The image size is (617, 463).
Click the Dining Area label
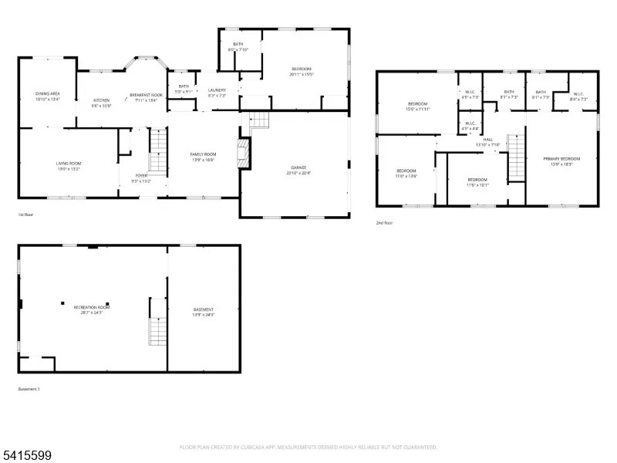(48, 93)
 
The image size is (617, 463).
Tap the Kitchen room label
(102, 100)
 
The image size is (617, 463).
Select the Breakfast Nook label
(147, 94)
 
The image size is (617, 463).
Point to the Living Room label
(69, 164)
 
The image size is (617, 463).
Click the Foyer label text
(142, 175)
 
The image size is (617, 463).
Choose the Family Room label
(204, 154)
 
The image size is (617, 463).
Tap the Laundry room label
(217, 90)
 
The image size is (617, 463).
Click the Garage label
(298, 167)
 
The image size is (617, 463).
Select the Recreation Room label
(92, 307)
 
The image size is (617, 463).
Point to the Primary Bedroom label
(565, 158)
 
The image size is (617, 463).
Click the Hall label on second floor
(487, 139)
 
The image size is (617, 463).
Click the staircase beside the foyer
(158, 150)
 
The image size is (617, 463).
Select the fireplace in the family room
(243, 153)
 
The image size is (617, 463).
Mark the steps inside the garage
(261, 120)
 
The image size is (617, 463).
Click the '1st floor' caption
(26, 215)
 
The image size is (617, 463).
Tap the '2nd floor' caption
(384, 222)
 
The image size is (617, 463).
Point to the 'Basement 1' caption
(29, 389)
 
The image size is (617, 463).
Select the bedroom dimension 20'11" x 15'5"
(301, 74)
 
